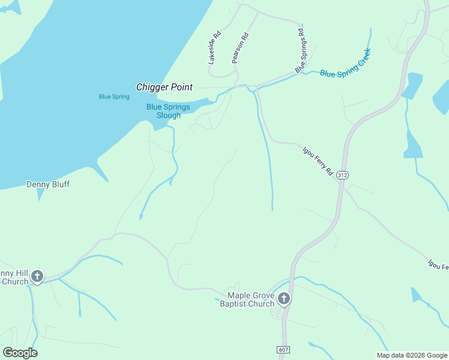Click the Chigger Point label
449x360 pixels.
tap(164, 88)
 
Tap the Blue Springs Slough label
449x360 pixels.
tap(168, 111)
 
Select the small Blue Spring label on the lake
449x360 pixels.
tap(114, 97)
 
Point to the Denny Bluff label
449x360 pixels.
tap(48, 184)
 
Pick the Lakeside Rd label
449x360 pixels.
tap(215, 48)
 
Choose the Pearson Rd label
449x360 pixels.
tap(240, 48)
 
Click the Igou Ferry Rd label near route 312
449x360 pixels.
tap(318, 159)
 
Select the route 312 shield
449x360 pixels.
tap(342, 175)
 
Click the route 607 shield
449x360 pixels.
tap(284, 349)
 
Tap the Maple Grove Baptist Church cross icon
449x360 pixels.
tap(284, 299)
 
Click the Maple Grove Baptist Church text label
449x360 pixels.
tap(250, 299)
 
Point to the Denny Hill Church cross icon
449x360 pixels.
tap(37, 277)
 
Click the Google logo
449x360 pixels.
tap(20, 353)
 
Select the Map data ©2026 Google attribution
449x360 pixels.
tap(412, 355)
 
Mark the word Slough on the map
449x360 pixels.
tap(169, 115)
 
